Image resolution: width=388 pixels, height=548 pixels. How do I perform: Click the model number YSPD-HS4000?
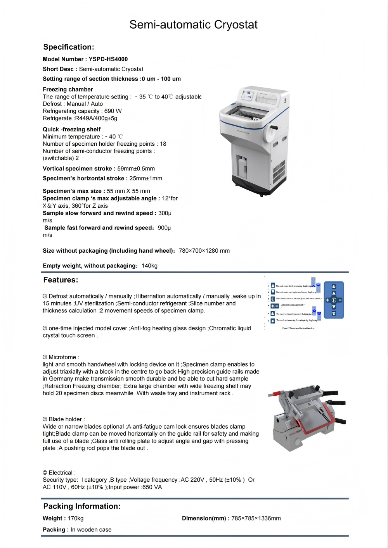[108, 59]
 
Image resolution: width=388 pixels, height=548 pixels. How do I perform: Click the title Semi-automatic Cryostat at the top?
[193, 25]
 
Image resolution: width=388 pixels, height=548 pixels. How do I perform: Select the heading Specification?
[69, 47]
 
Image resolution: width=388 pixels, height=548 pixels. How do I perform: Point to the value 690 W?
[113, 111]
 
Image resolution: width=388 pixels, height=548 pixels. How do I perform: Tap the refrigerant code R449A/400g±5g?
[96, 118]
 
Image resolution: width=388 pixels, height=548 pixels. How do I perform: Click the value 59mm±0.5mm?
[136, 169]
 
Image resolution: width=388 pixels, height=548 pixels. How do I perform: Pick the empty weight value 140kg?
[149, 266]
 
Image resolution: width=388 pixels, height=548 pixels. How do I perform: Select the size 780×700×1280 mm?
[204, 251]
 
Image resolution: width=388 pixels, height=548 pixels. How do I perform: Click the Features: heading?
[61, 280]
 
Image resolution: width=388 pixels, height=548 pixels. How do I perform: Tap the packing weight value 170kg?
[75, 519]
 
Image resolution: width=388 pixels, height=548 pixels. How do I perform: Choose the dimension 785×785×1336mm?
[256, 519]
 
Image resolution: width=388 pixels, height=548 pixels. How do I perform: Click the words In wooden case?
[91, 530]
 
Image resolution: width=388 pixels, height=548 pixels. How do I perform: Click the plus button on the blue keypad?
[328, 300]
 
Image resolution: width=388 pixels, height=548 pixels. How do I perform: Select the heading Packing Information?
[82, 506]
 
